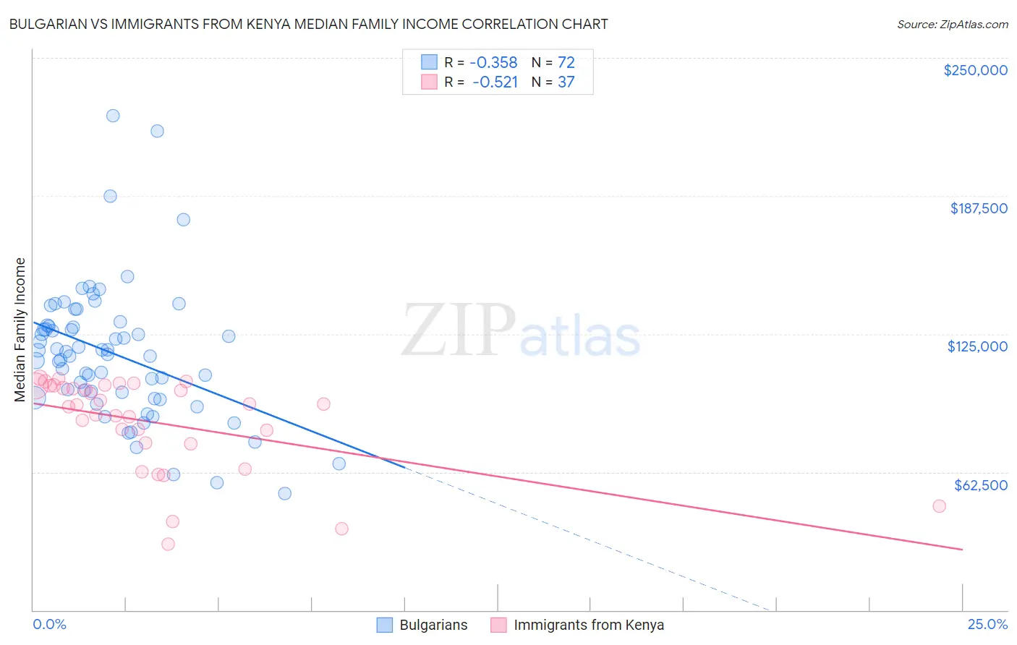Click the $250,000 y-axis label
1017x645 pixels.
975,70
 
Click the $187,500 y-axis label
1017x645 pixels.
978,208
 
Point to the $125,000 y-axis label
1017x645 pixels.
977,346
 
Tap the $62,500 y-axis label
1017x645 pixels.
980,485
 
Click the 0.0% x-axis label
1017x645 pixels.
49,624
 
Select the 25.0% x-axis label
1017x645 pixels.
987,624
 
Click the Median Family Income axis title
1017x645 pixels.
20,330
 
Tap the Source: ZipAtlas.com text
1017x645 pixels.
952,24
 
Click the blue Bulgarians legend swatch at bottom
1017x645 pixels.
384,625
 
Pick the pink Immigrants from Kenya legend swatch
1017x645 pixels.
498,625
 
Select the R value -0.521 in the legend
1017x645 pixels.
495,82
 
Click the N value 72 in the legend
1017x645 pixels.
566,62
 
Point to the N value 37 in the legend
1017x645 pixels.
566,82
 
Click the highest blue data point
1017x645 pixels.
113,116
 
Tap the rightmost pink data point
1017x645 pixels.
939,506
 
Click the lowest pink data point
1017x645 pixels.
168,544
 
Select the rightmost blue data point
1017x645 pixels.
339,464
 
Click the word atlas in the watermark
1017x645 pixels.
580,338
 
